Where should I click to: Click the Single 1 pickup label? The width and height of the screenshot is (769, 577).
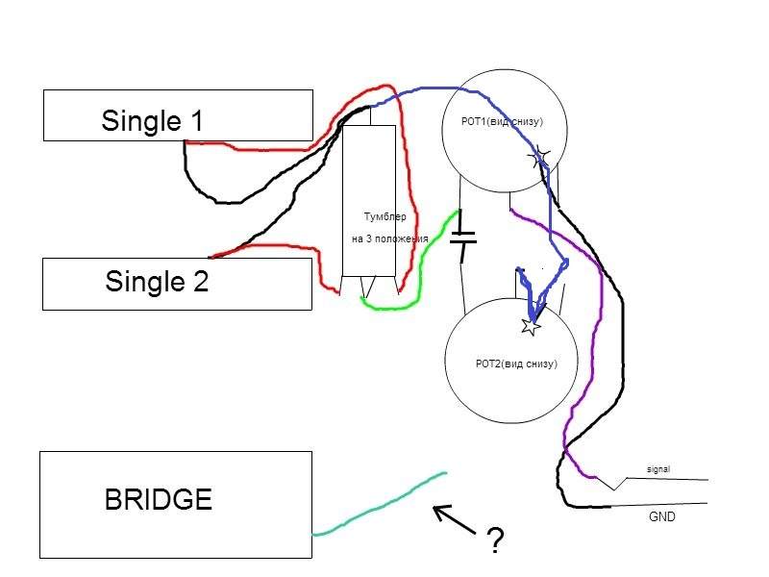[153, 121]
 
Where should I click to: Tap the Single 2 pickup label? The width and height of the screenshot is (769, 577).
[157, 282]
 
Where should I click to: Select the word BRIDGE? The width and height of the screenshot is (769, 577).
[159, 500]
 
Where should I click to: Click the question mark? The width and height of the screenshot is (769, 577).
[495, 541]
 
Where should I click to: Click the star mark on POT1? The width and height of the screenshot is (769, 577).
[540, 155]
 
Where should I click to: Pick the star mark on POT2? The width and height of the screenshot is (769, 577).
[530, 326]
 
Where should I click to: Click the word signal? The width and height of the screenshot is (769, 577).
[658, 469]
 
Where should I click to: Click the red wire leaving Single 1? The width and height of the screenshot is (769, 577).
[250, 147]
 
